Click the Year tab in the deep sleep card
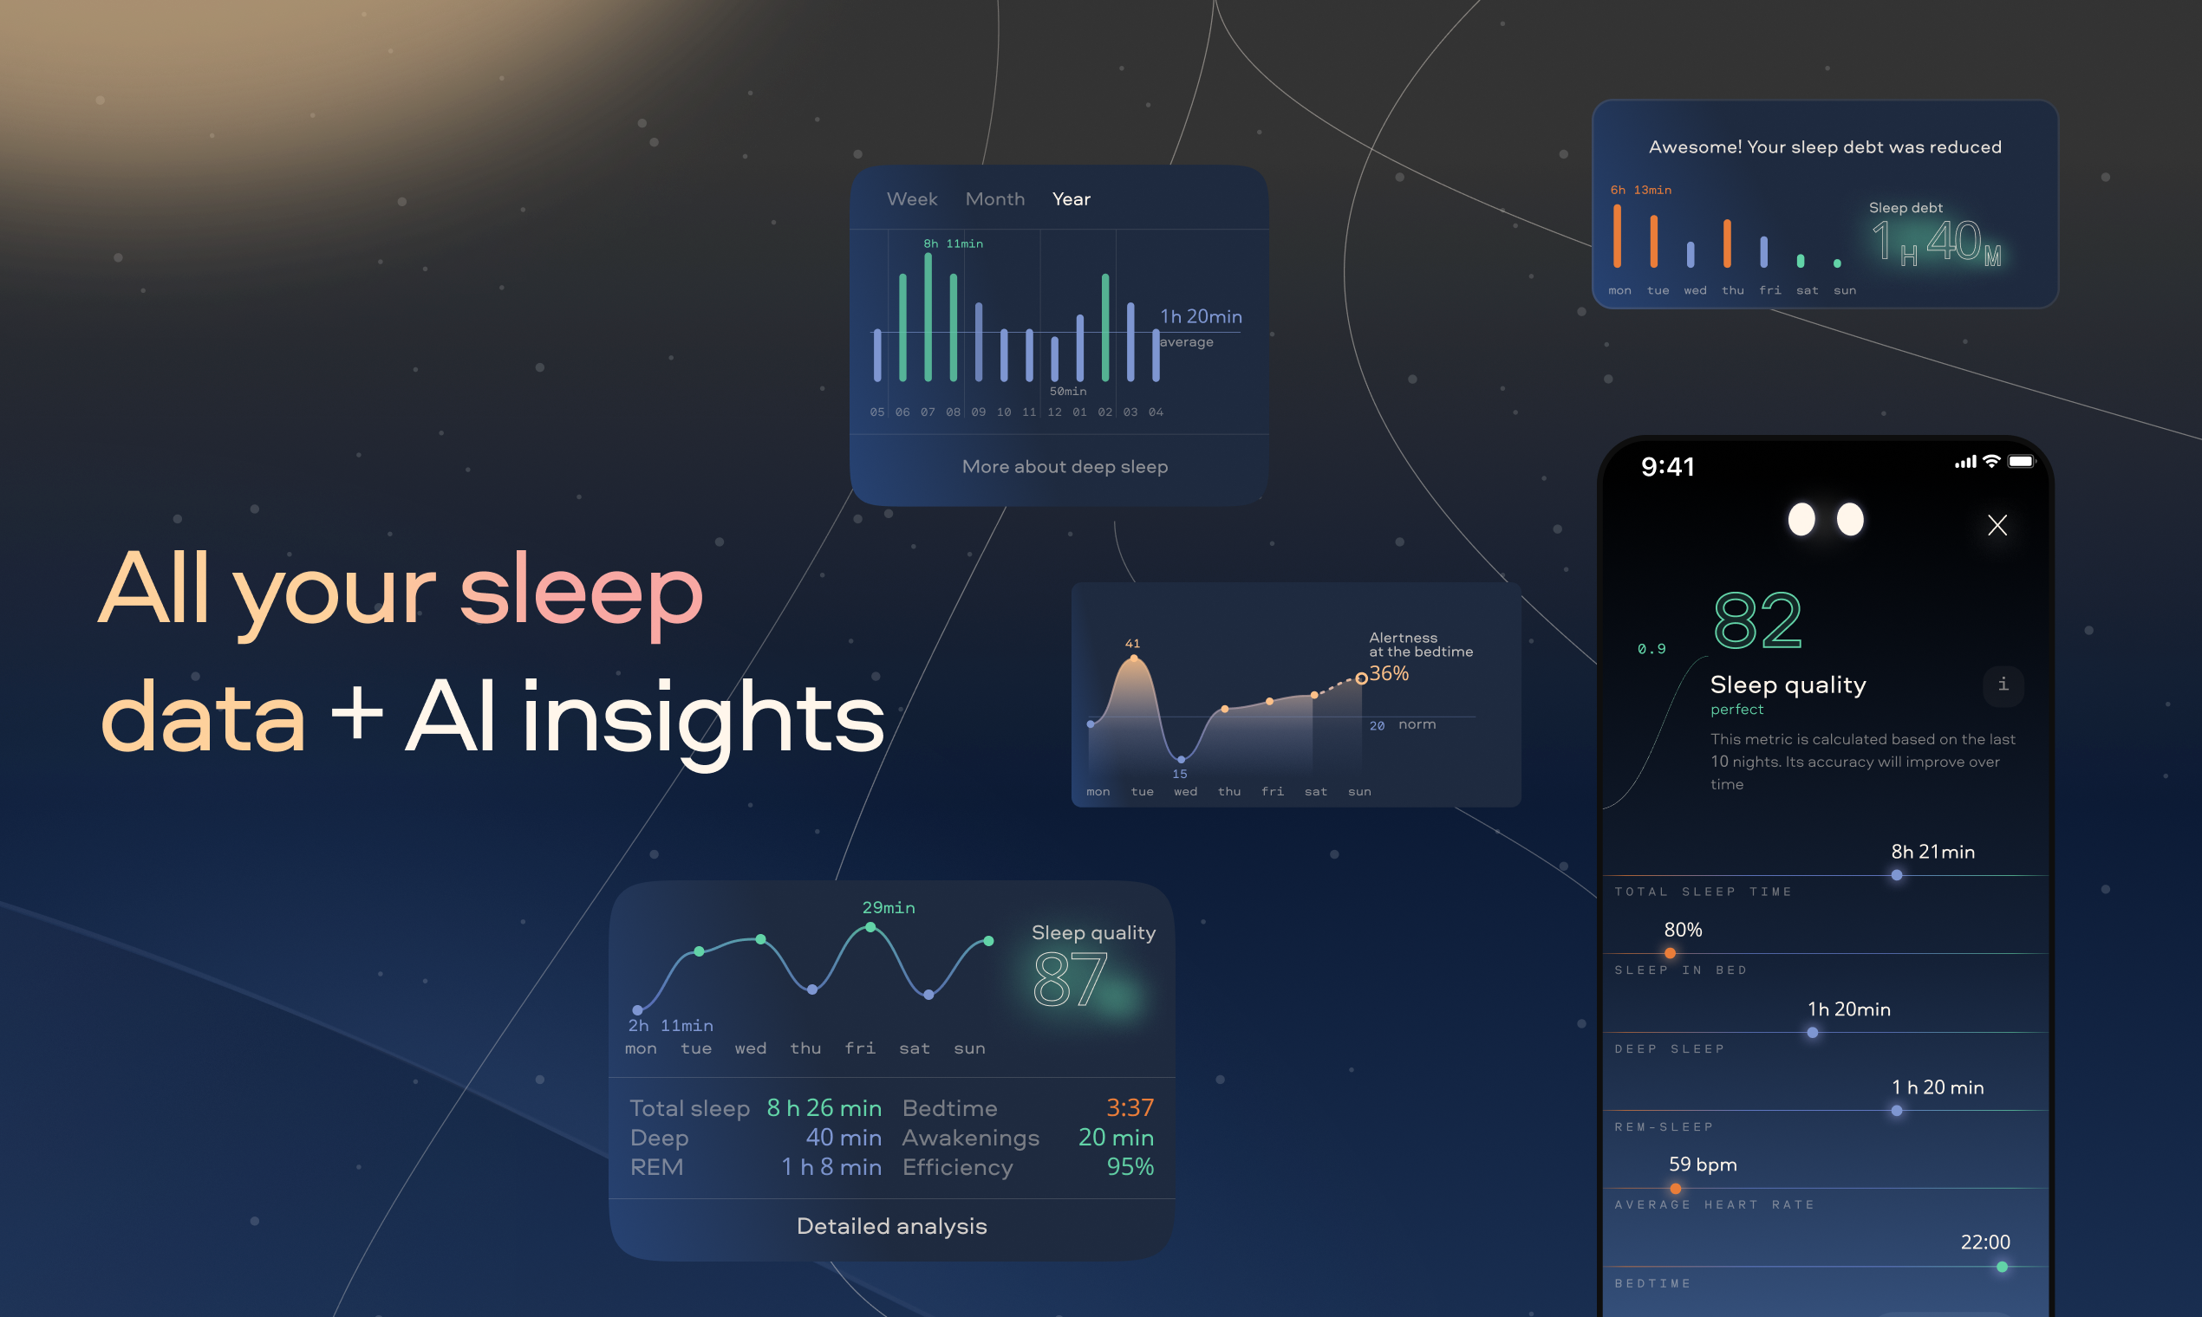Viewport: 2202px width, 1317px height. click(1071, 198)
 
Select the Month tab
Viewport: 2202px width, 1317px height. click(994, 198)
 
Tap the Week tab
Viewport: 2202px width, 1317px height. click(912, 198)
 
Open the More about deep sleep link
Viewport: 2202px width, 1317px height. click(1065, 467)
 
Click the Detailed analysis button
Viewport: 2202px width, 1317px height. click(891, 1226)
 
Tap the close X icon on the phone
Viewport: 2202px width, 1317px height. click(1997, 525)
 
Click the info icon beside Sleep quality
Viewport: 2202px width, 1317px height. click(2003, 685)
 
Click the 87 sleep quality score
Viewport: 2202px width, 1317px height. click(1070, 979)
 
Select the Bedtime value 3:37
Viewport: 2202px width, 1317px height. click(1130, 1107)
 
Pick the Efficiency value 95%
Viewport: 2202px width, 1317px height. click(1130, 1166)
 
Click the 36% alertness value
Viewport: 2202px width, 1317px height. click(1389, 673)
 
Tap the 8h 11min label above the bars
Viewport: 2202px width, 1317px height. click(953, 243)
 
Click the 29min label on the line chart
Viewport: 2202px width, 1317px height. click(888, 907)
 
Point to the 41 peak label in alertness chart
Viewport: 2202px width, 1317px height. click(1132, 644)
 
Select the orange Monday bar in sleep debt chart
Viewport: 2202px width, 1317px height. click(1617, 236)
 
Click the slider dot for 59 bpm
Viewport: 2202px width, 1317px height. click(1675, 1188)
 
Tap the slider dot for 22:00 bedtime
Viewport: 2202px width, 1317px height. click(2002, 1267)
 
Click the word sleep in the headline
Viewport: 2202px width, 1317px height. click(581, 592)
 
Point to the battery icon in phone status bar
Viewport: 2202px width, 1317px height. click(2021, 462)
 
